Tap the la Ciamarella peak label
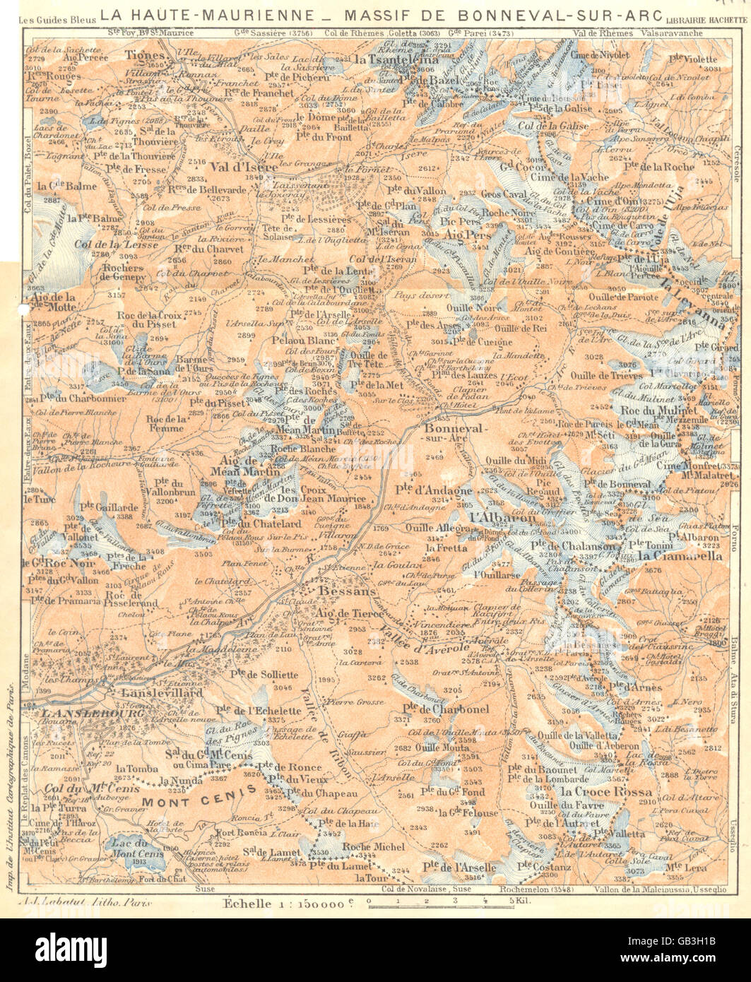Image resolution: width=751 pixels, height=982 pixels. pyautogui.click(x=670, y=556)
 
